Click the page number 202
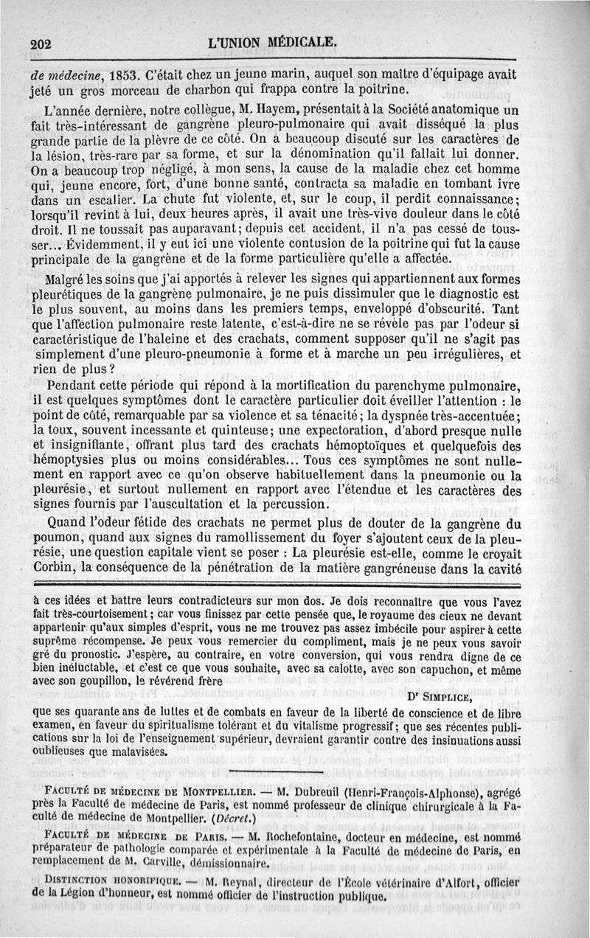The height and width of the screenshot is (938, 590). pyautogui.click(x=44, y=43)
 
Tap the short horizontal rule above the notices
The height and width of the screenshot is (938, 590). pyautogui.click(x=265, y=772)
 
